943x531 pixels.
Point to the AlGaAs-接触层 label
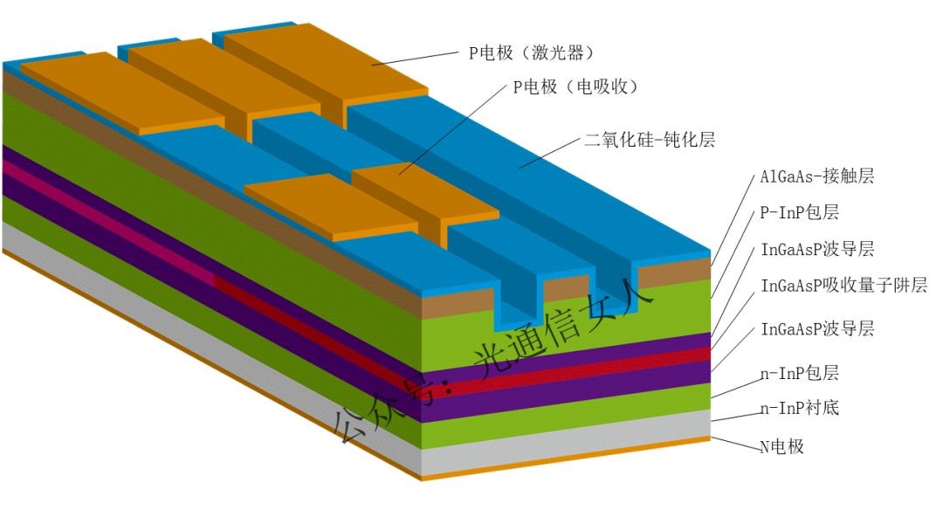point(816,176)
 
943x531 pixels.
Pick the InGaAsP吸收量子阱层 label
point(843,286)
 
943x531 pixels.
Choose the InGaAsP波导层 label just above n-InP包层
point(817,329)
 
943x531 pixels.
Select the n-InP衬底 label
point(800,407)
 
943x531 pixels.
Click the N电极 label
point(781,446)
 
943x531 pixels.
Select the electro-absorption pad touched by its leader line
point(419,188)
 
